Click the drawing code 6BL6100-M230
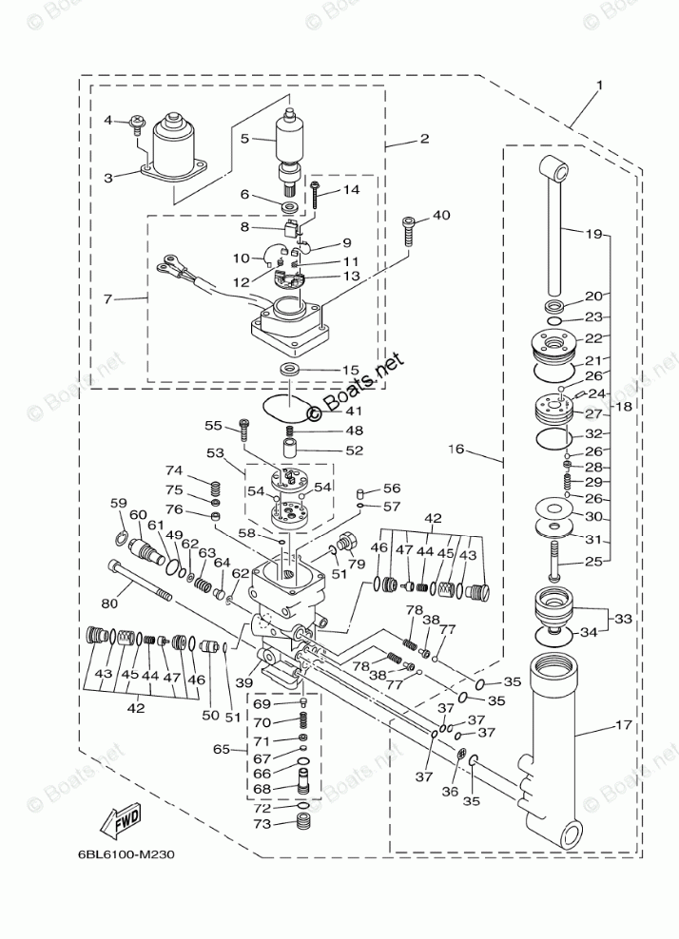[126, 854]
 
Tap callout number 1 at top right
[599, 85]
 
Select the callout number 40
[441, 215]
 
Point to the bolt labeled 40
[408, 231]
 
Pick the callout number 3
[108, 178]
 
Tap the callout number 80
[109, 604]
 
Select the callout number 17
[623, 724]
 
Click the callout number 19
[594, 234]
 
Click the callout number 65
[222, 749]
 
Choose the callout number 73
[262, 824]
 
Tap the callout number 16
[456, 448]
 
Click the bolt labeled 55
[243, 429]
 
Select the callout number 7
[107, 297]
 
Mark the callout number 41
[354, 412]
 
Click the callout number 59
[119, 503]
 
